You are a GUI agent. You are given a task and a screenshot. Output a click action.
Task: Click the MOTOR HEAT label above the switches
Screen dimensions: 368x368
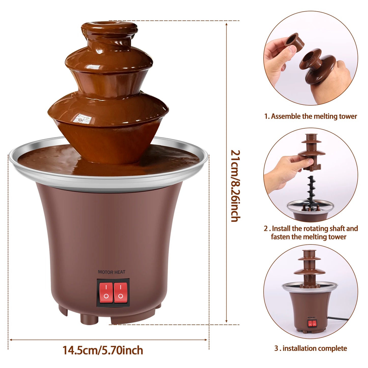[x=112, y=272]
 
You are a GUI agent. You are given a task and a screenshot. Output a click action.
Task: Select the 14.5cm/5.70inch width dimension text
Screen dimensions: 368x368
[x=103, y=350]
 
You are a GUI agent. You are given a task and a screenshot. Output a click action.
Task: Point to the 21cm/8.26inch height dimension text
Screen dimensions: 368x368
[x=235, y=186]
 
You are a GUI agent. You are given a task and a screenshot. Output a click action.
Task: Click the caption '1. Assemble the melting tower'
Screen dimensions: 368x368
[x=310, y=116]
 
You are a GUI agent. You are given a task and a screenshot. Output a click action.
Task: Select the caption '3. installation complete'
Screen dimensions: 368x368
[x=310, y=348]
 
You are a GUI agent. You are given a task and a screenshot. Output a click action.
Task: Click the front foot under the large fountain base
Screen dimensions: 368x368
[x=87, y=318]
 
